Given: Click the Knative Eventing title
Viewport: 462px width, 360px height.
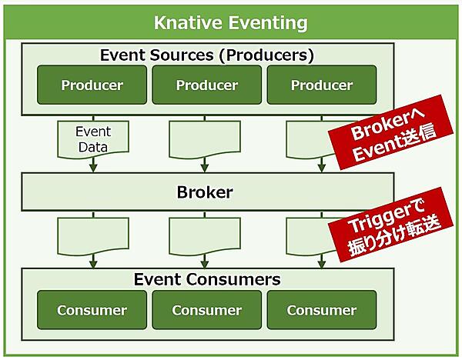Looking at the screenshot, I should tap(231, 22).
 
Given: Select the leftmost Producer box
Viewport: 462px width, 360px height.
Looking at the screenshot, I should tap(92, 85).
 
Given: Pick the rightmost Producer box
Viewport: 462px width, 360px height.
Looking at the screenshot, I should tap(322, 85).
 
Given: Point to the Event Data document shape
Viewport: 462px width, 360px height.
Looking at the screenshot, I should tap(92, 139).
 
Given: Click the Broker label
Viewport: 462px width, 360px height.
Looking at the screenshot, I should tap(204, 192).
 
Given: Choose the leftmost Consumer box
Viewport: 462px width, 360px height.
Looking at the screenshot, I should tap(92, 310).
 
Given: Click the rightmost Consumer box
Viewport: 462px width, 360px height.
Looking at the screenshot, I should tap(322, 310).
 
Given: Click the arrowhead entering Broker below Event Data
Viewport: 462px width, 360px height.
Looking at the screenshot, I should tap(92, 167).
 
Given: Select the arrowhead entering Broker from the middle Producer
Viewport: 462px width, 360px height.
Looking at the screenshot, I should tap(204, 167).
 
